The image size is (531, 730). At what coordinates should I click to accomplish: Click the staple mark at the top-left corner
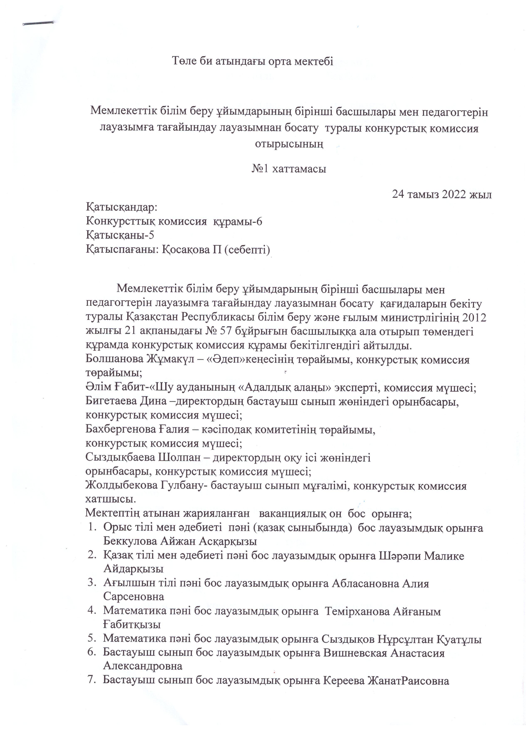[x=38, y=23]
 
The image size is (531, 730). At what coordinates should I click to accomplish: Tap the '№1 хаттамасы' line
[x=289, y=169]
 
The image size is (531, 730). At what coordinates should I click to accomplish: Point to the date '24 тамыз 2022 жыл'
[x=442, y=194]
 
